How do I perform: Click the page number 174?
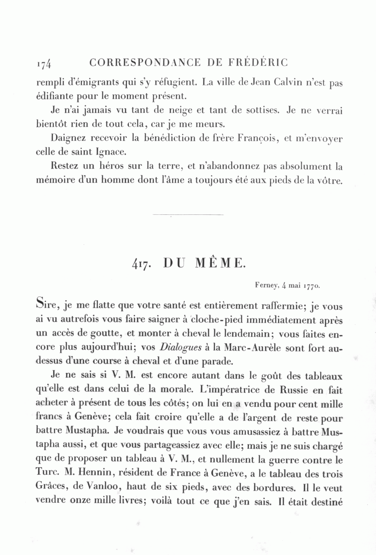(43, 64)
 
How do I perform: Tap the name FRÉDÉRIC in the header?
(259, 63)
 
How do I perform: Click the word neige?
(173, 110)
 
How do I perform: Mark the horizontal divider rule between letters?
(188, 215)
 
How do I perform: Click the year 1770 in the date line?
(311, 286)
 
